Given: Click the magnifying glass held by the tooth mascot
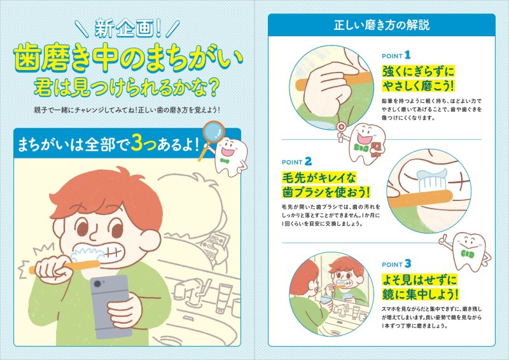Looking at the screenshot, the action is pyautogui.click(x=213, y=133).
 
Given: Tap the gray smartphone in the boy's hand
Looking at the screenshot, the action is pyautogui.click(x=110, y=306).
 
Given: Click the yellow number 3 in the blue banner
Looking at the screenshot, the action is pyautogui.click(x=137, y=144).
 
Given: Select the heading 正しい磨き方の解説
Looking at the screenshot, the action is pyautogui.click(x=381, y=25).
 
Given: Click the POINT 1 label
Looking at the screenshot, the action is pyautogui.click(x=396, y=55).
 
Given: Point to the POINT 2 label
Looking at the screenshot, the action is pyautogui.click(x=296, y=162).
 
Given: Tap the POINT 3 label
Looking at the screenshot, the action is pyautogui.click(x=396, y=264).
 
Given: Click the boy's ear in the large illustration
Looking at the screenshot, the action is pyautogui.click(x=150, y=241).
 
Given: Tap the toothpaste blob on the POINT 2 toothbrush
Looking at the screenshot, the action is pyautogui.click(x=431, y=175).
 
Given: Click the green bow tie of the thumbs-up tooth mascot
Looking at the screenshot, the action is pyautogui.click(x=467, y=254).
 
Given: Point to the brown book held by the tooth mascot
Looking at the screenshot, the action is pyautogui.click(x=377, y=149).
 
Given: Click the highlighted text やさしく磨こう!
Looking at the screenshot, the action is pyautogui.click(x=418, y=86).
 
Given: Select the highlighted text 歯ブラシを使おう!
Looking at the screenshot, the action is pyautogui.click(x=326, y=191).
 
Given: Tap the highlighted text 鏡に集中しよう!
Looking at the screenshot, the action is pyautogui.click(x=420, y=294).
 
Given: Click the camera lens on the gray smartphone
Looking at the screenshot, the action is pyautogui.click(x=97, y=284).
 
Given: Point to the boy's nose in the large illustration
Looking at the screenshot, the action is pyautogui.click(x=95, y=234).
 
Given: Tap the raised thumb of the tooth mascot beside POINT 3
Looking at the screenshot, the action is pyautogui.click(x=443, y=239).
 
